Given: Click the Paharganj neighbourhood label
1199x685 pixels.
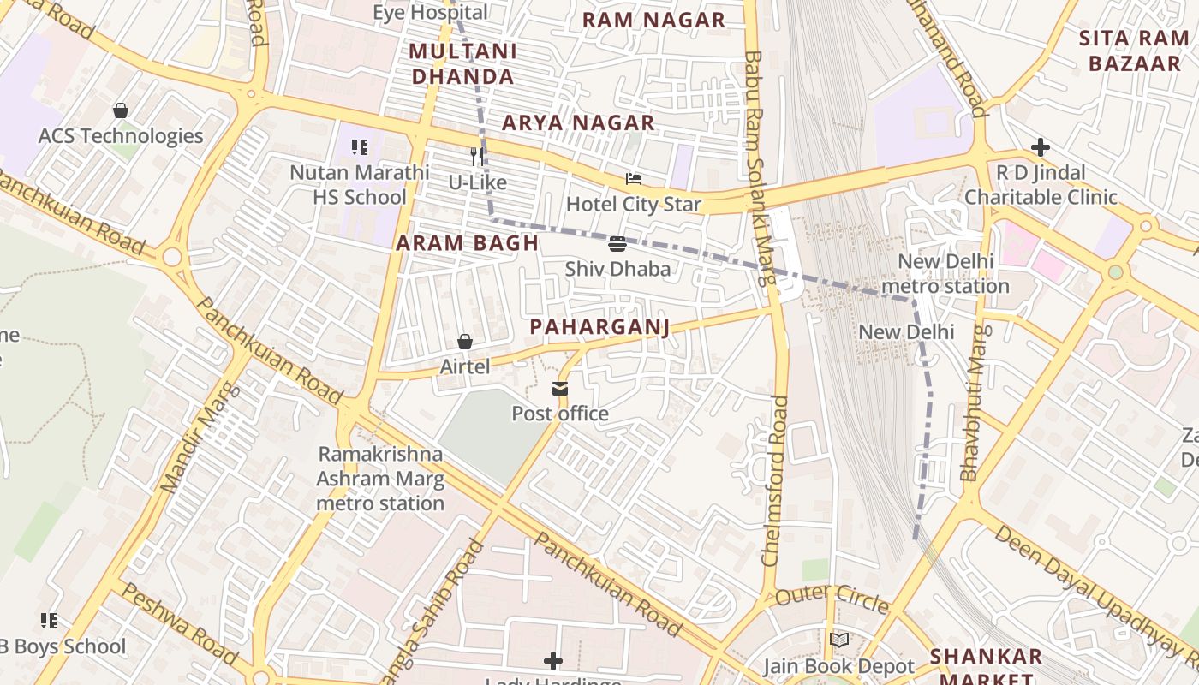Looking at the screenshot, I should pyautogui.click(x=599, y=327).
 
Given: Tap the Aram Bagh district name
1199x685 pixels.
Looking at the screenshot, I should pyautogui.click(x=468, y=243).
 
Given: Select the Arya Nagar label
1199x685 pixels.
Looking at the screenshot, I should pyautogui.click(x=578, y=123).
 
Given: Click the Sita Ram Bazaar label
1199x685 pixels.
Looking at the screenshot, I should pyautogui.click(x=1134, y=51).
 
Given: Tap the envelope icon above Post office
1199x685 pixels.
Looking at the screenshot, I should pyautogui.click(x=560, y=390).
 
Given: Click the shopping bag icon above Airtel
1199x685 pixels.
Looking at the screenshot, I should pyautogui.click(x=465, y=342).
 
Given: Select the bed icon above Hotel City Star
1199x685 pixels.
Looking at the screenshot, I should pyautogui.click(x=634, y=179).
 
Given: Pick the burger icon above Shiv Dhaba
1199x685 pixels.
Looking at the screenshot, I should pyautogui.click(x=617, y=244).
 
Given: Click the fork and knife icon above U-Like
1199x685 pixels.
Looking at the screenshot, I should pyautogui.click(x=478, y=157).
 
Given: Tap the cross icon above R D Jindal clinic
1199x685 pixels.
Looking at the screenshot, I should pyautogui.click(x=1041, y=148).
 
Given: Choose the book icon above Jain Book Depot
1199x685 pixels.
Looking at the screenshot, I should pyautogui.click(x=839, y=640).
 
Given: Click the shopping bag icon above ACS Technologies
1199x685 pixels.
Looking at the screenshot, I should pyautogui.click(x=121, y=110).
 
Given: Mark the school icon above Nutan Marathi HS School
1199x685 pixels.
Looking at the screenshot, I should pyautogui.click(x=360, y=147).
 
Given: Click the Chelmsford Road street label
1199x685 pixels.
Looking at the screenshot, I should pyautogui.click(x=774, y=479).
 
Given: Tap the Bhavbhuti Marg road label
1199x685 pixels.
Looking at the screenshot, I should pyautogui.click(x=975, y=402).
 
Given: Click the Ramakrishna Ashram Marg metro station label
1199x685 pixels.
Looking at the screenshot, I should pyautogui.click(x=380, y=479).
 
